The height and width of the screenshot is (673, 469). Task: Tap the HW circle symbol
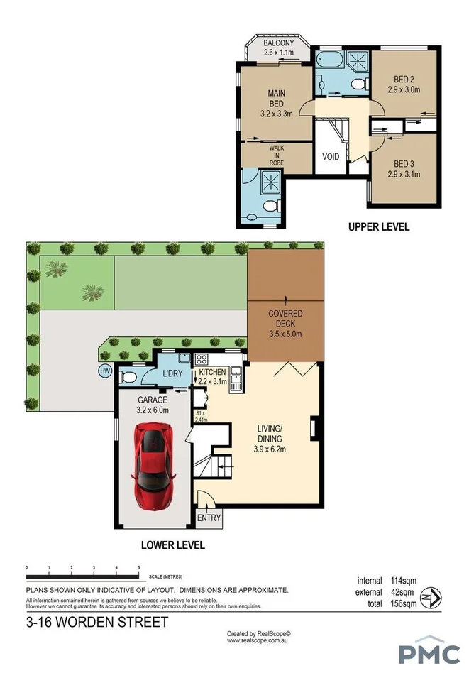106,371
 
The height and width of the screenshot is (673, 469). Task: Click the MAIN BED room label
277,93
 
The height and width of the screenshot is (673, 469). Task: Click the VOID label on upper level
330,156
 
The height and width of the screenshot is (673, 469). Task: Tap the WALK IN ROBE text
276,153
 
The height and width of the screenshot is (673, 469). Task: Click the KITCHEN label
212,372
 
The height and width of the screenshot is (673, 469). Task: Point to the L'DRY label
173,373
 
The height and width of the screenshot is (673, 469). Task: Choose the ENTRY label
209,518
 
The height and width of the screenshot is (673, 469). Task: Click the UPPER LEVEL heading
378,228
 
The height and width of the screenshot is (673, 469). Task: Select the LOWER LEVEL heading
173,545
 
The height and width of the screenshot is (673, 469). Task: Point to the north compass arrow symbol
430,594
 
